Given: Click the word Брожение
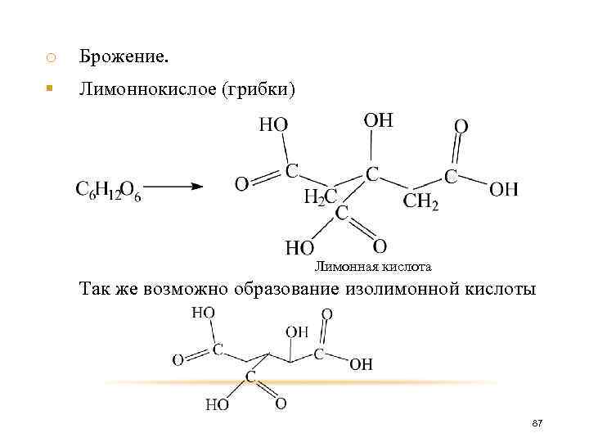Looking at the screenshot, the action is pos(124,56).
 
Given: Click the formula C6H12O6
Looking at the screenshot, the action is pos(108,190).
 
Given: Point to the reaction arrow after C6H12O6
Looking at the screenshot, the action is pos(173,186).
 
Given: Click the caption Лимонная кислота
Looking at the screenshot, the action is pos(373,266).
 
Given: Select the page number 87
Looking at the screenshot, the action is pos(537,422).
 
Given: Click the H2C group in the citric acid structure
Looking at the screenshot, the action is pos(320,196).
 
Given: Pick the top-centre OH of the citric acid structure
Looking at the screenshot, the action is pos(378,120).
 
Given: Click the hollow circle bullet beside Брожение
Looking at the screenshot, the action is pos(50,57).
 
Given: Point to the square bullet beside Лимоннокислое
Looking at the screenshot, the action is pos(50,87).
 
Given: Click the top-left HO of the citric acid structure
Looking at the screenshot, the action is pos(273,124).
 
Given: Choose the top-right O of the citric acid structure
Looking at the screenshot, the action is pos(461,126).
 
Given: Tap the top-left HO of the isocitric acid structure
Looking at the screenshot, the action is pos(203,312).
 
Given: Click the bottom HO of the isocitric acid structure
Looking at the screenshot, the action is pos(217,404).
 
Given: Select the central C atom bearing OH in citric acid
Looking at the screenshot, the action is pos(372,174).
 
